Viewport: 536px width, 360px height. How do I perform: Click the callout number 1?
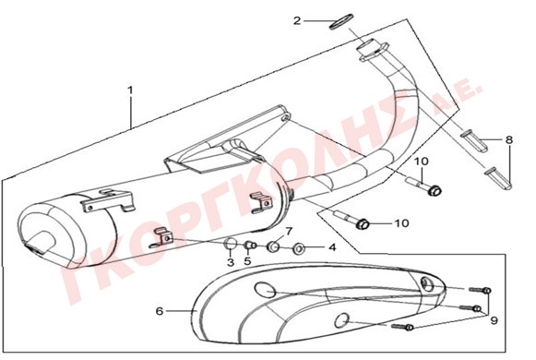tap(130, 90)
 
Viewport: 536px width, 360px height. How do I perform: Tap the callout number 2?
tap(297, 21)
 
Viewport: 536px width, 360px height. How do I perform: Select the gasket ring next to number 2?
tap(341, 21)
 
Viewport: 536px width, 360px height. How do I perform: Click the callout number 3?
tap(231, 262)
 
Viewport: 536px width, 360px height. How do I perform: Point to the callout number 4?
tap(332, 246)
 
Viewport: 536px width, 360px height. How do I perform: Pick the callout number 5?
tap(247, 261)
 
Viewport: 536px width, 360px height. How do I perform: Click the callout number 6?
tap(160, 311)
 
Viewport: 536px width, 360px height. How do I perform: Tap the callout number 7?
tap(289, 232)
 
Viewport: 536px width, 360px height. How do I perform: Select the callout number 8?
tap(509, 139)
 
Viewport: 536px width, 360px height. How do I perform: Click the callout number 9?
tap(494, 320)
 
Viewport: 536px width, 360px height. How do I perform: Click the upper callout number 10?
tap(423, 162)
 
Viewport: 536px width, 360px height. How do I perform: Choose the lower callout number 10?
tap(402, 223)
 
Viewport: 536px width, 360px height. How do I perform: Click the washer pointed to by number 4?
tap(299, 247)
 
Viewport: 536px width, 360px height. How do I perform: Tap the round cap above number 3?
tap(230, 245)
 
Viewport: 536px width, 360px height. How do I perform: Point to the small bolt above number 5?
tap(250, 246)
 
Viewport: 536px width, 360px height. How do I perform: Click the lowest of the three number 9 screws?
tap(402, 327)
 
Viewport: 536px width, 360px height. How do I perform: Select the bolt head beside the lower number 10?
tap(363, 224)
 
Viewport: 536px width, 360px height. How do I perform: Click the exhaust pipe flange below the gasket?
tap(373, 50)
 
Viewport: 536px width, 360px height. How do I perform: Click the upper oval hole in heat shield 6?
tap(266, 290)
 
